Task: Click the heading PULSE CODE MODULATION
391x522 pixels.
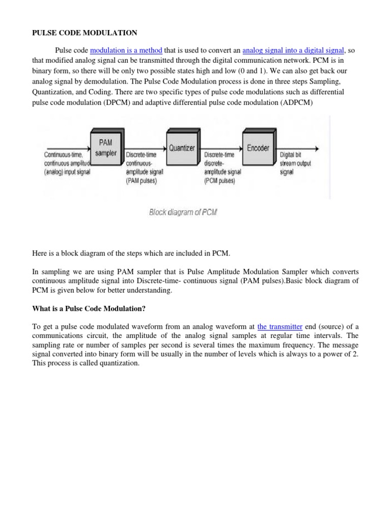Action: tap(85, 33)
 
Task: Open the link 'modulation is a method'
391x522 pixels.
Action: tap(126, 50)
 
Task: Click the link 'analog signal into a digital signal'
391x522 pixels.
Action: tap(293, 50)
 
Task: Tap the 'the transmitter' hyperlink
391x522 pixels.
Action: tap(280, 327)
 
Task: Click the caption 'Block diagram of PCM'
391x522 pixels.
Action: tap(183, 212)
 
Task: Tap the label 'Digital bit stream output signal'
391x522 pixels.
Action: tap(295, 164)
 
